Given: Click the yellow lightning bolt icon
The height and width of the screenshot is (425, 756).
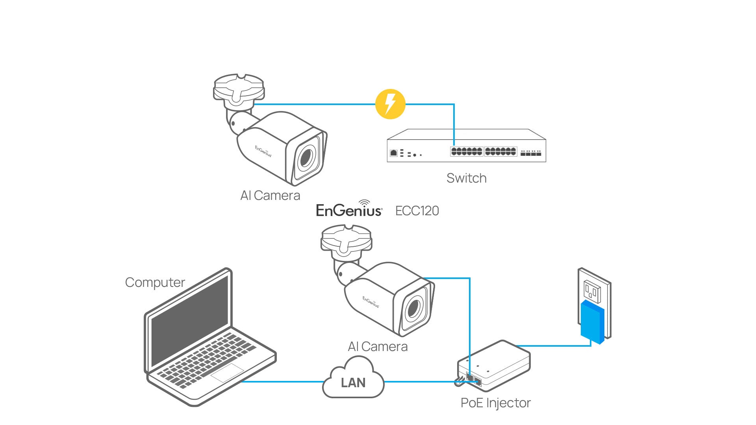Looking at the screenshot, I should pos(390,104).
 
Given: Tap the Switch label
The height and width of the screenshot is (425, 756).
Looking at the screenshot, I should pos(466,178).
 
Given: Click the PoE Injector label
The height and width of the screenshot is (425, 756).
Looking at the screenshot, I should pos(495,403).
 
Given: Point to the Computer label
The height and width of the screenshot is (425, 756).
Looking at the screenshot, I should pos(155,283).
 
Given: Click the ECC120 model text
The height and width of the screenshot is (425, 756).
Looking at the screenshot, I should pos(417,211).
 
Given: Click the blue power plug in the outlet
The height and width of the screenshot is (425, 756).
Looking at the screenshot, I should pos(592,322).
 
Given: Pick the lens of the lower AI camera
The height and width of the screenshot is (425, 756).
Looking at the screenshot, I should pos(413,309).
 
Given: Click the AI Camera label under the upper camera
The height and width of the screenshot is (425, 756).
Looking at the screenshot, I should pos(270,196).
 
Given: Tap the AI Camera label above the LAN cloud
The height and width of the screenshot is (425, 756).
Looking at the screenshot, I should pos(378,347).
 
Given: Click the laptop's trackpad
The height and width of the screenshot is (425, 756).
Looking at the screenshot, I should pos(227,372).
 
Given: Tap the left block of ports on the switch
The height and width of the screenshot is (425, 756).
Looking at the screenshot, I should pos(467,152).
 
